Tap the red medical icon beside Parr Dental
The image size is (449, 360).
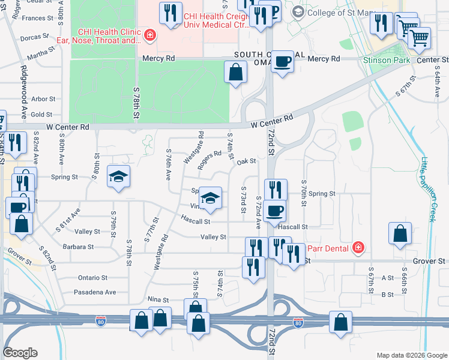(358, 247)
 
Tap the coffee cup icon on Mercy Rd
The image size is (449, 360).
(282, 61)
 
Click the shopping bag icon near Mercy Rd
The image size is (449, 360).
(237, 72)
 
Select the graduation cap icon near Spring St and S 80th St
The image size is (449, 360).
(119, 176)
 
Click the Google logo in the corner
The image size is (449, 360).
(20, 353)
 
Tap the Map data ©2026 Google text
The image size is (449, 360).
(411, 355)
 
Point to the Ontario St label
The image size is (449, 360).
(92, 278)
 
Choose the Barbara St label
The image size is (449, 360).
(79, 247)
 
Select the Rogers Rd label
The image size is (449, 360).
(210, 160)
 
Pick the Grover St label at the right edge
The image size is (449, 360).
(429, 262)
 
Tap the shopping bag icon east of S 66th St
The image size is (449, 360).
(400, 235)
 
